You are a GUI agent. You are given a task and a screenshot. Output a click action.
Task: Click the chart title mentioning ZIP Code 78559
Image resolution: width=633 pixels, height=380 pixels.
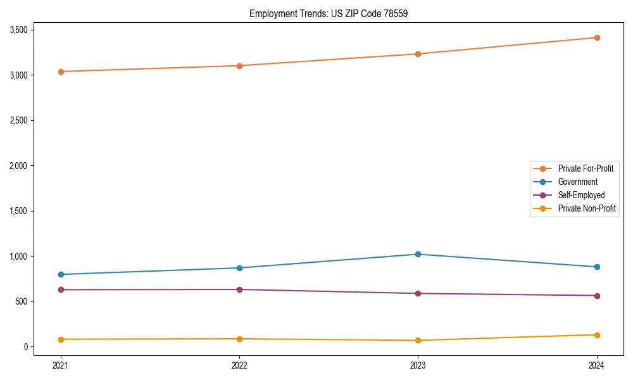tap(324, 13)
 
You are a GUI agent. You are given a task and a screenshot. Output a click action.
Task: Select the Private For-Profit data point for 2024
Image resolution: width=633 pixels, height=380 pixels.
tap(597, 37)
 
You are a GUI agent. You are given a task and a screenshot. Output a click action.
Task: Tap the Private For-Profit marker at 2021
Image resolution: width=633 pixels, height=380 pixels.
tap(61, 72)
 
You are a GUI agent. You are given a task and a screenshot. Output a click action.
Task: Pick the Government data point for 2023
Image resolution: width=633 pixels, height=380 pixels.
tap(418, 254)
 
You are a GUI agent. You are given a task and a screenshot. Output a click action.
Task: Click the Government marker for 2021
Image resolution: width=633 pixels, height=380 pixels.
tap(61, 274)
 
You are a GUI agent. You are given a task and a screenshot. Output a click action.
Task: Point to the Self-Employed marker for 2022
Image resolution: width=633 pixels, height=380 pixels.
tap(239, 289)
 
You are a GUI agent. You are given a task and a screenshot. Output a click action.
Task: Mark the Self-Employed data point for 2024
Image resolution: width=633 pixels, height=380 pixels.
tap(597, 296)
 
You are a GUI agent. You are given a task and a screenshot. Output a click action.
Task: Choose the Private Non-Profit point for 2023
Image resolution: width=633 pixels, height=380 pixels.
tap(418, 340)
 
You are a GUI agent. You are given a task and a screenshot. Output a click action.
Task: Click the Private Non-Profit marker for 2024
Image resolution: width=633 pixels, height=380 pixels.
tap(597, 335)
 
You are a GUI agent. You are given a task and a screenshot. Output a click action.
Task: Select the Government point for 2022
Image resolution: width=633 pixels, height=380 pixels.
tap(239, 268)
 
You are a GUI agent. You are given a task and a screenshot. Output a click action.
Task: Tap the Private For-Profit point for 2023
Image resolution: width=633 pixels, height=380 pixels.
tap(418, 54)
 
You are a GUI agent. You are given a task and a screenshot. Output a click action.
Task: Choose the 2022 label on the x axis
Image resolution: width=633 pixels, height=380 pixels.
tap(239, 365)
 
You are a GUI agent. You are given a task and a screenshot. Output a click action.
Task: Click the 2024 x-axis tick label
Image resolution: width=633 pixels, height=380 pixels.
tap(597, 365)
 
